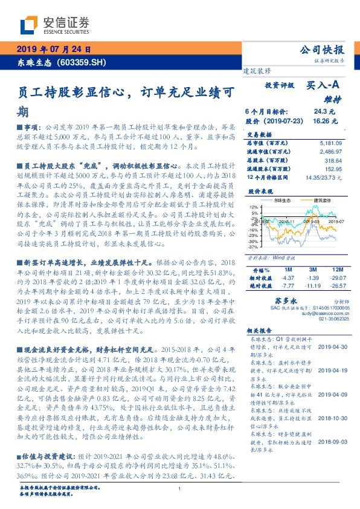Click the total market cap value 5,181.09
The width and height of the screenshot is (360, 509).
(x=330, y=142)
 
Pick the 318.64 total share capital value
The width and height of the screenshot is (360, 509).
(x=333, y=161)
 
